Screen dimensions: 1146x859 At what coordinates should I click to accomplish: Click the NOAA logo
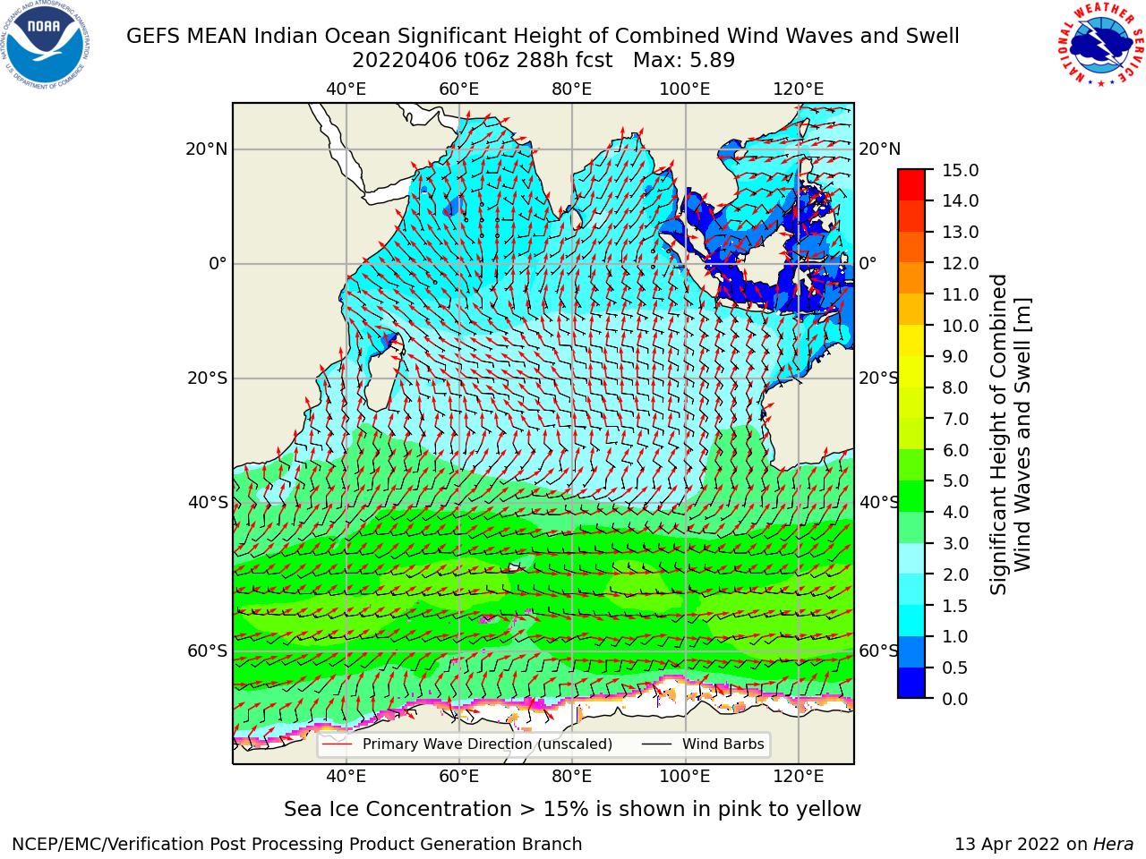45,45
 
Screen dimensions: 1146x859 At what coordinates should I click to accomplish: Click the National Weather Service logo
1101,44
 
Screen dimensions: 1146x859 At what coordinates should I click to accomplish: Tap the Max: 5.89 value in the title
684,61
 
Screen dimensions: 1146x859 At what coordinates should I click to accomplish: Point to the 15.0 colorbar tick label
960,170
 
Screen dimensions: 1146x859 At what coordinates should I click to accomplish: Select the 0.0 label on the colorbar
955,699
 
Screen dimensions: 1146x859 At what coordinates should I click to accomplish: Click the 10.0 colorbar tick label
960,326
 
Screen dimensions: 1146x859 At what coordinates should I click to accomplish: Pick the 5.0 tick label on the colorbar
955,481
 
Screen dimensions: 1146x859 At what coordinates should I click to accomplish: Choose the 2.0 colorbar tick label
955,574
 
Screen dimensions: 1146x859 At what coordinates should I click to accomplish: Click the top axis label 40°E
346,89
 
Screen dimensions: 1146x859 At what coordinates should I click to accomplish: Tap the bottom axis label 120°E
799,777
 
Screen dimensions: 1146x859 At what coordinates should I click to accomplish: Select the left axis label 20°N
207,149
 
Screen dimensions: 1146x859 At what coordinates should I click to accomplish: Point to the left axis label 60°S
208,651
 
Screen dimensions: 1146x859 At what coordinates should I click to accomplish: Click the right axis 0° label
868,263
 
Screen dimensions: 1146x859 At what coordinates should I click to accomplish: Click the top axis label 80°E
572,89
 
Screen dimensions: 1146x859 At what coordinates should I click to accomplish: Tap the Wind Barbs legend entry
703,744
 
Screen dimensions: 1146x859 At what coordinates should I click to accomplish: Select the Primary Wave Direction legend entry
467,744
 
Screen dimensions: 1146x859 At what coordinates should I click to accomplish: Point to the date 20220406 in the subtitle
406,61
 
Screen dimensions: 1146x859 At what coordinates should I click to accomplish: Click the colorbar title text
1010,434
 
